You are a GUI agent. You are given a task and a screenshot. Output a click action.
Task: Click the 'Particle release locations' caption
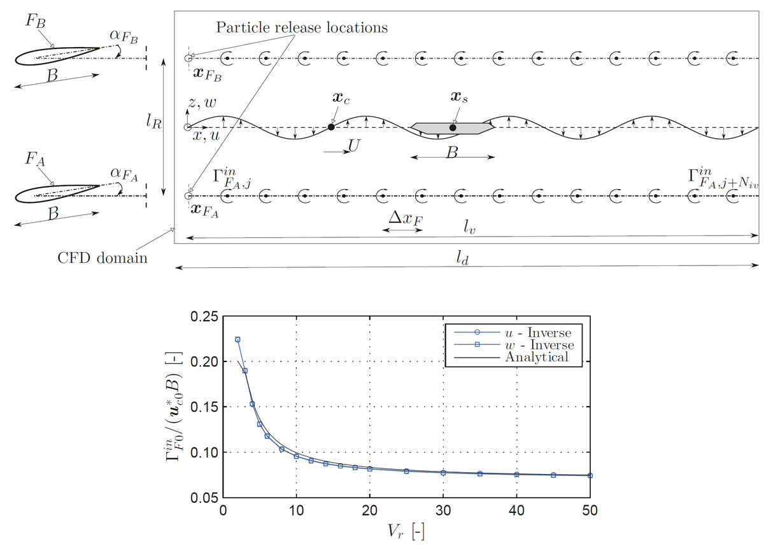coord(302,28)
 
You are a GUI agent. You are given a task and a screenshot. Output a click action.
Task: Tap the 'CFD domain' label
coord(102,258)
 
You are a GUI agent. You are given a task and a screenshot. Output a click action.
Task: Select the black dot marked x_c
coord(331,127)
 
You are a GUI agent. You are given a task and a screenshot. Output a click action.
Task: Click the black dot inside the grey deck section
coord(453,128)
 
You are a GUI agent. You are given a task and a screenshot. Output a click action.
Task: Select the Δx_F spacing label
coord(406,220)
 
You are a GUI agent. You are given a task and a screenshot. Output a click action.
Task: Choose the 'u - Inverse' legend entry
coord(535,333)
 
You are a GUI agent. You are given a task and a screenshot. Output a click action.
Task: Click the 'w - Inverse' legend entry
coord(535,345)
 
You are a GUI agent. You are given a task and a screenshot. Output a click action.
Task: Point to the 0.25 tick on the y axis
coord(204,316)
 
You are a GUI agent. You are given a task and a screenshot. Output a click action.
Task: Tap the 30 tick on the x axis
coord(443,510)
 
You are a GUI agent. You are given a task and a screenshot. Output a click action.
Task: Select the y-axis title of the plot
coord(176,407)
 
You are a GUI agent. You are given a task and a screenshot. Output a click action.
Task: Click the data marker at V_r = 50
coord(590,475)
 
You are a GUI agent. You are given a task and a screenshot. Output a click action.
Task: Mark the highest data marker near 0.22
coord(237,340)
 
